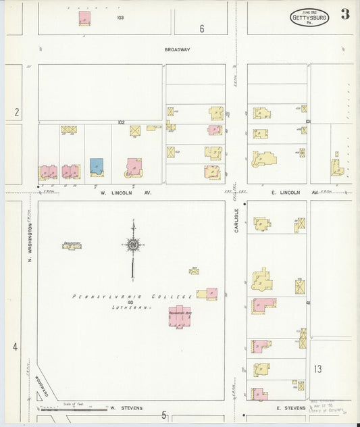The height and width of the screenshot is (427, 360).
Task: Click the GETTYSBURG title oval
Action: [x=310, y=18]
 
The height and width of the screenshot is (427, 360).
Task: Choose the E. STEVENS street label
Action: [x=292, y=408]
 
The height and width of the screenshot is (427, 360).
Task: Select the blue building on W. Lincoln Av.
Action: [x=97, y=166]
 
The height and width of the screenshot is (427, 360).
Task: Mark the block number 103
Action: [x=120, y=18]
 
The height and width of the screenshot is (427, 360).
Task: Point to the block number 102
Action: [x=121, y=122]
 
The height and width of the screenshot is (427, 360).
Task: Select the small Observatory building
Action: [x=72, y=246]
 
